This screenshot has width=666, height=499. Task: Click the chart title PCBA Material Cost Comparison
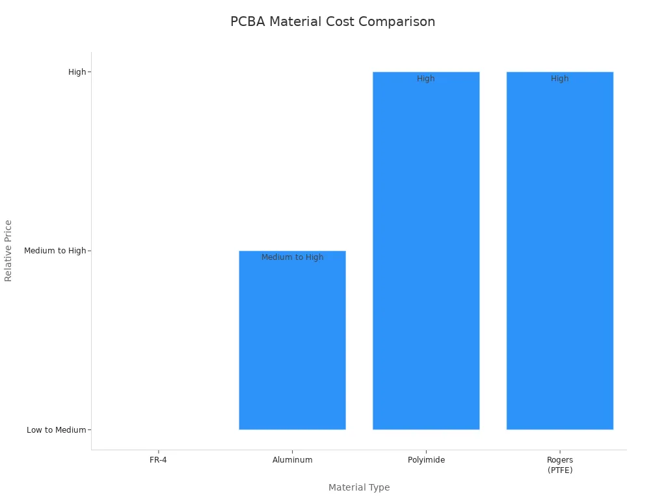coord(332,21)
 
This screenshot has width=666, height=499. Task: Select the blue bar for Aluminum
coord(292,344)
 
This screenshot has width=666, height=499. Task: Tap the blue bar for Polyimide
coord(426,253)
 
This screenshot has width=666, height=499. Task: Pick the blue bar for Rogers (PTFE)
coord(560,253)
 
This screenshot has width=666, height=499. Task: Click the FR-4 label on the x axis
coord(158,460)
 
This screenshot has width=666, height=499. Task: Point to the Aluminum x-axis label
coord(292,460)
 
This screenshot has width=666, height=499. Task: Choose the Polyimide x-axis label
coord(426,460)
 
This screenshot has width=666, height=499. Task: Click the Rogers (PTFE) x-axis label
coord(560,465)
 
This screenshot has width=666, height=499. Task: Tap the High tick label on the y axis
coord(77,72)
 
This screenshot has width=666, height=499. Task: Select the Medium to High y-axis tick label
coord(55,251)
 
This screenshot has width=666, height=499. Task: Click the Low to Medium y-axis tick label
coord(56,429)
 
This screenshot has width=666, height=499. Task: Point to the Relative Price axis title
coord(8,251)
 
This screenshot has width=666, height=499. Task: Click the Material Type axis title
coord(359,487)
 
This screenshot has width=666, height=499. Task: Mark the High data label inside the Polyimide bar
coord(426,79)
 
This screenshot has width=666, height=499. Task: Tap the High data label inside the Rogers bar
coord(560,79)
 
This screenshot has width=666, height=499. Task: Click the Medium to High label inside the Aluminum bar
coord(292,257)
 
